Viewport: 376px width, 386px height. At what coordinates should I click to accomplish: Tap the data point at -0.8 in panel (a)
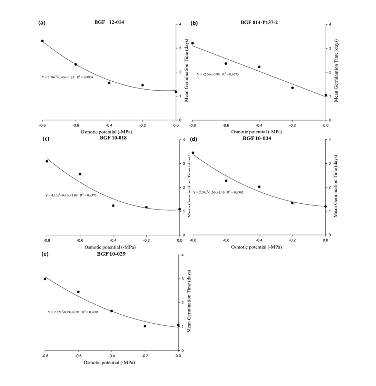pyautogui.click(x=42, y=41)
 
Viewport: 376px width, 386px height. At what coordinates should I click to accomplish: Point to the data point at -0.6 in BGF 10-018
pyautogui.click(x=80, y=174)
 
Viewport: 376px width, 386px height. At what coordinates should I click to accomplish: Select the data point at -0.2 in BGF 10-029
pyautogui.click(x=145, y=326)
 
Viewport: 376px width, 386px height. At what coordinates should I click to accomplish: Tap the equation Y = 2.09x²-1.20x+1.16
pyautogui.click(x=218, y=192)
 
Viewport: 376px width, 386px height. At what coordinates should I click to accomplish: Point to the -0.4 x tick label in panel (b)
pyautogui.click(x=259, y=125)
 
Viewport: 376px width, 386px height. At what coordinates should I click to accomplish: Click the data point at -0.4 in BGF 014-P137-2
pyautogui.click(x=259, y=67)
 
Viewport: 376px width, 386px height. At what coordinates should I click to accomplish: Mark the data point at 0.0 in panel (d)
pyautogui.click(x=325, y=206)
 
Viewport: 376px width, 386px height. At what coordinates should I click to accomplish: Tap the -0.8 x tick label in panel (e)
pyautogui.click(x=45, y=356)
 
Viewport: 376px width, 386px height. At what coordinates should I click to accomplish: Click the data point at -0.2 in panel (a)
pyautogui.click(x=142, y=85)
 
